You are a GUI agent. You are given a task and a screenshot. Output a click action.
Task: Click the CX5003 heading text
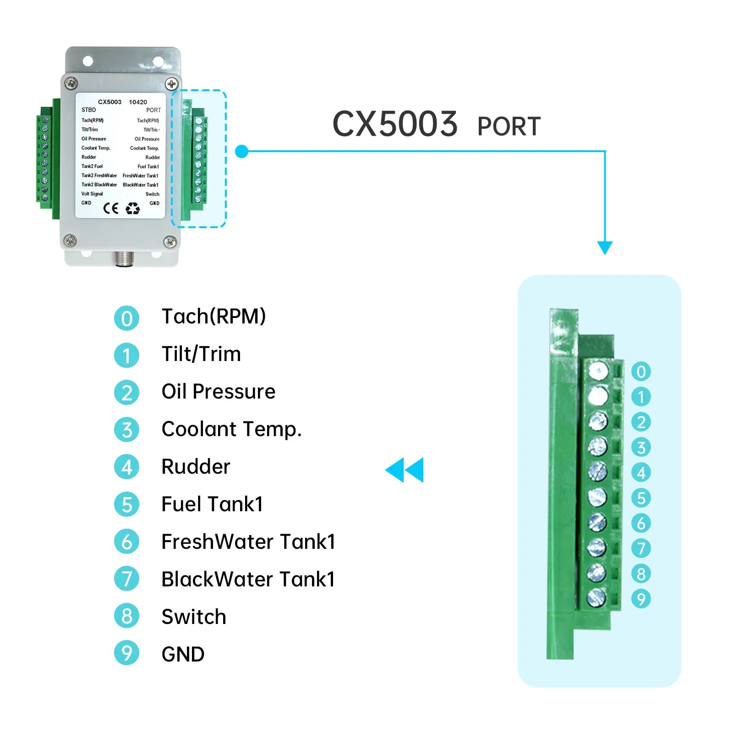(x=394, y=124)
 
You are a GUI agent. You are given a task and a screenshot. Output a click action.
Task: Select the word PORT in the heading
(x=509, y=127)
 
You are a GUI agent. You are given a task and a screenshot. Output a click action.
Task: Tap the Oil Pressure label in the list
(x=219, y=392)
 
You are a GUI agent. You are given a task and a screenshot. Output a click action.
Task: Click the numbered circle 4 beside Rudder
(x=126, y=467)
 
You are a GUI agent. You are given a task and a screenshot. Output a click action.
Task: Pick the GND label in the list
(x=183, y=654)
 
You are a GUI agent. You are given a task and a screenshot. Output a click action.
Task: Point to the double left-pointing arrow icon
(x=405, y=470)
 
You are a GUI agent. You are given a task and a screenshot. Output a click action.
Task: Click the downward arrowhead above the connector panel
(x=605, y=247)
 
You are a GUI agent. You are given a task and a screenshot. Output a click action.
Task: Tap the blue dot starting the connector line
(x=241, y=151)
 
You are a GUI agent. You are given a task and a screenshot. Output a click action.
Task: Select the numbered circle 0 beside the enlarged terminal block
(x=641, y=372)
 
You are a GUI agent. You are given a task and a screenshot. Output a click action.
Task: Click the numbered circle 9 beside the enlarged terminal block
(x=641, y=599)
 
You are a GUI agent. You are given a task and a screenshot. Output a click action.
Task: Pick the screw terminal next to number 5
(x=597, y=497)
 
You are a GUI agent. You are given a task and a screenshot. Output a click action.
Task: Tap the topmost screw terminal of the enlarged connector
(x=598, y=371)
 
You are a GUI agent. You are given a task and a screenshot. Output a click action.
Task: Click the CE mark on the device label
(x=111, y=208)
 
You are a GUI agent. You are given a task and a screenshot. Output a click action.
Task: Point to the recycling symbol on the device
(x=133, y=208)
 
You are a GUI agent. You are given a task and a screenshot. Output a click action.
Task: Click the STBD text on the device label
(x=89, y=110)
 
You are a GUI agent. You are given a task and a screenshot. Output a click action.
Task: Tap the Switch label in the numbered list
(x=194, y=617)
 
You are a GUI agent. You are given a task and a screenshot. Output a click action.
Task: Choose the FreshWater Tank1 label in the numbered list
(x=248, y=542)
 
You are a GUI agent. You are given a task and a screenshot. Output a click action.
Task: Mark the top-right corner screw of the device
(x=172, y=84)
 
